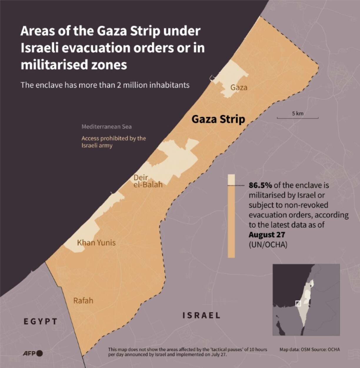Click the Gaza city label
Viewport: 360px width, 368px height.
(239, 87)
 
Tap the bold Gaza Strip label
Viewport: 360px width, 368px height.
(218, 119)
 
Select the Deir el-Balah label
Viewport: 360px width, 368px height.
(148, 181)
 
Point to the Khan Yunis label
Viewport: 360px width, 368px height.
(96, 242)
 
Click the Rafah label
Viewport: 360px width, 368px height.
(83, 300)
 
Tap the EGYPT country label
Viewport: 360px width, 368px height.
(41, 321)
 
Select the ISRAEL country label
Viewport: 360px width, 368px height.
(201, 315)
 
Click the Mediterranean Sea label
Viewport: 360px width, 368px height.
(106, 127)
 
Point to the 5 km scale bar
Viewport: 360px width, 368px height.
(297, 118)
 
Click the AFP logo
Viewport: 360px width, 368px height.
(33, 353)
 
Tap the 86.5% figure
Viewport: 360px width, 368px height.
(260, 185)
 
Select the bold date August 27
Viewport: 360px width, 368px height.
(267, 235)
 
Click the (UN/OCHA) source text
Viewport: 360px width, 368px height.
(268, 244)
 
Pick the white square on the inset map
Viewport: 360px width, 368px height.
(298, 303)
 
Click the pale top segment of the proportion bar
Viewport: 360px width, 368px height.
(231, 180)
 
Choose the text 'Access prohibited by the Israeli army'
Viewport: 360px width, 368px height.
(114, 142)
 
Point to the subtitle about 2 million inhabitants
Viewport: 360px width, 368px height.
(105, 85)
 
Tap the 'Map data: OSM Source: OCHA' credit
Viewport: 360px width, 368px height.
(309, 349)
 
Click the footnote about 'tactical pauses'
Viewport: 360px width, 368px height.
(187, 352)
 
